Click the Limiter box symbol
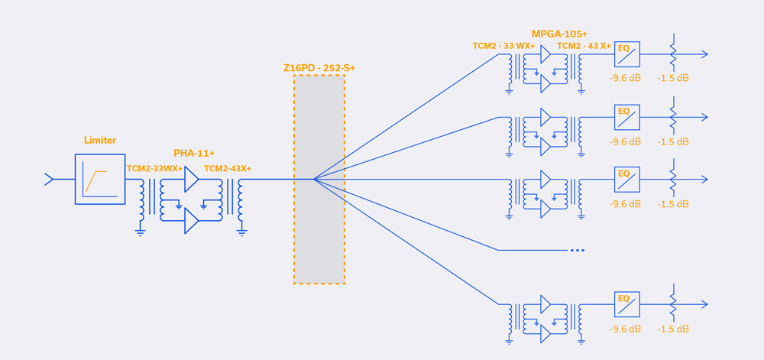[100, 179]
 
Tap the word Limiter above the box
[100, 141]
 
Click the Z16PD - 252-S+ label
[319, 68]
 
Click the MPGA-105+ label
[559, 34]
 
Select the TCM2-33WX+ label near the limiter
[155, 168]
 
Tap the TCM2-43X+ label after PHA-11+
[228, 168]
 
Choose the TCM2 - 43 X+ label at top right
[584, 46]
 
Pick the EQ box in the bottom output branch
[626, 304]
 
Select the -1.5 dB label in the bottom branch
[673, 329]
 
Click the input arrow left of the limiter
[50, 180]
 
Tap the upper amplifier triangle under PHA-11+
[191, 180]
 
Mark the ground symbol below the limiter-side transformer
[141, 232]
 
